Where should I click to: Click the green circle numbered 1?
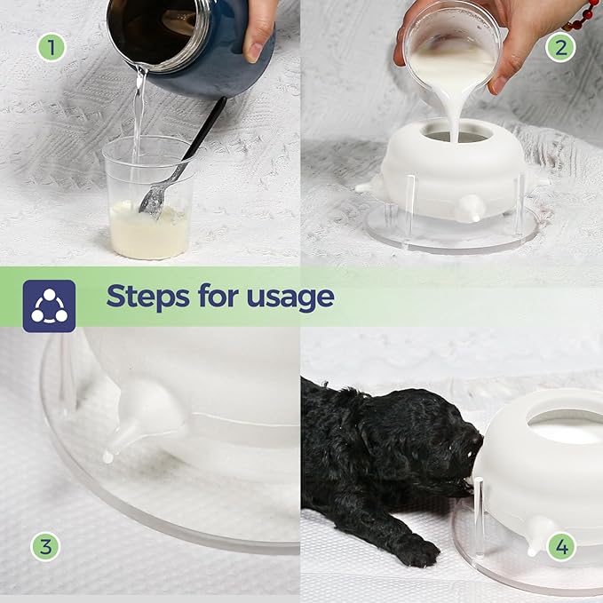coord(52,48)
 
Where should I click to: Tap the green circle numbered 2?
coord(560,48)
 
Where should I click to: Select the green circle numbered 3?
coord(45,546)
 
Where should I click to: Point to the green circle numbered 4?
coord(561,546)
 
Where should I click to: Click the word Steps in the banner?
coord(147,297)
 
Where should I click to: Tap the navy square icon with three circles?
coord(49,306)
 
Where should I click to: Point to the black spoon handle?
coord(205,128)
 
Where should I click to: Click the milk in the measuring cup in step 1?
coord(149,230)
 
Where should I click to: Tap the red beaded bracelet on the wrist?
coord(582,15)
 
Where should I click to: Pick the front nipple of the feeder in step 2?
coord(471,208)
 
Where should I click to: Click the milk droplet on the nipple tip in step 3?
coord(108,457)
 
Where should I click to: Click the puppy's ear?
coord(371,435)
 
